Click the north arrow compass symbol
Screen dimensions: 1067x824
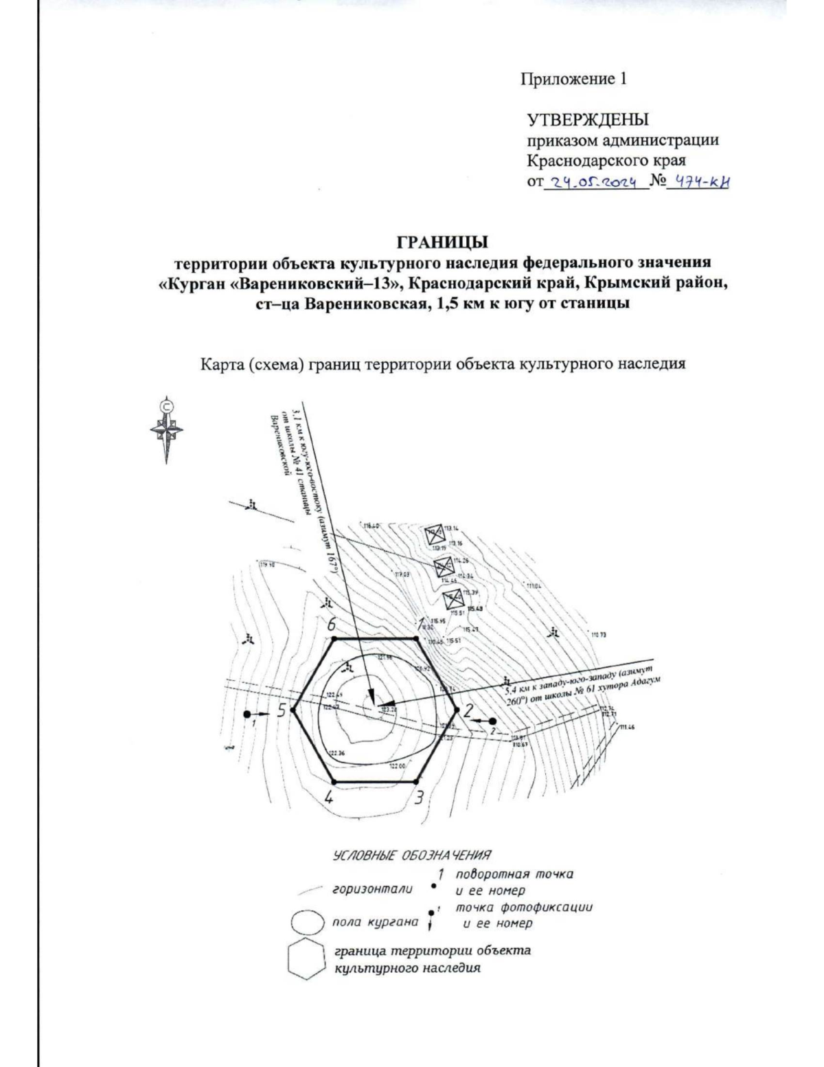pyautogui.click(x=166, y=430)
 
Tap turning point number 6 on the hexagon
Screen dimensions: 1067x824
pyautogui.click(x=334, y=638)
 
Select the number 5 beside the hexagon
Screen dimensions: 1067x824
pyautogui.click(x=281, y=711)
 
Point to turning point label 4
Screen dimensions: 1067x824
pyautogui.click(x=329, y=798)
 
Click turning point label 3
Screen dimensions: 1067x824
pyautogui.click(x=418, y=798)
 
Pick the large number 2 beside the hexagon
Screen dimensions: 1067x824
pyautogui.click(x=468, y=711)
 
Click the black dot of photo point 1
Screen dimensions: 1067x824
pyautogui.click(x=247, y=715)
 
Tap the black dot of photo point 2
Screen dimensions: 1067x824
pyautogui.click(x=492, y=721)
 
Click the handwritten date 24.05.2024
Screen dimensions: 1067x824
pyautogui.click(x=595, y=182)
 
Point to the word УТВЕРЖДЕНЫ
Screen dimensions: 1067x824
pyautogui.click(x=587, y=121)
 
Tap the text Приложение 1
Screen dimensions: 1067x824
pyautogui.click(x=573, y=78)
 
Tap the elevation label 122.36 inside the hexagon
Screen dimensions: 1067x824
pyautogui.click(x=336, y=754)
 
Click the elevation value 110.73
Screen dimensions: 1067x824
pyautogui.click(x=599, y=635)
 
